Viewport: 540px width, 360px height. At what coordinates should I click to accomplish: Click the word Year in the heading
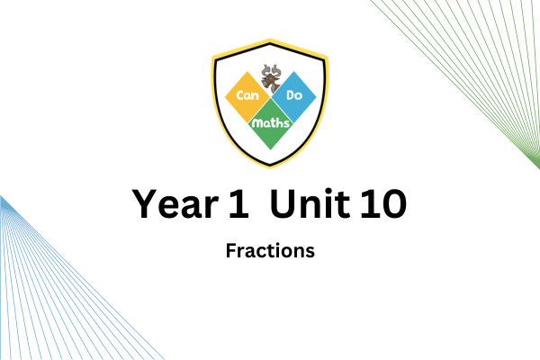coord(175,203)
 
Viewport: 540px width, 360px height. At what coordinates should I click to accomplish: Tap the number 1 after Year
coord(239,203)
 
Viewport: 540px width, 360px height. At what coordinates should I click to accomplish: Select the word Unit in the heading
coord(310,203)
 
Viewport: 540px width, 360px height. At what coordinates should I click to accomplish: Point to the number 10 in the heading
coord(383,203)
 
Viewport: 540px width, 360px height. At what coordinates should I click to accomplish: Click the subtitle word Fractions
coord(270,251)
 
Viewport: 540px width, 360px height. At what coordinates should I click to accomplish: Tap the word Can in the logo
coord(247,95)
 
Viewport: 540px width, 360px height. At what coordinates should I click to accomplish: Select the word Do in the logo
coord(294,95)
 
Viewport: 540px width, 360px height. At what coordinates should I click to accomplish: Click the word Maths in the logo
coord(271,123)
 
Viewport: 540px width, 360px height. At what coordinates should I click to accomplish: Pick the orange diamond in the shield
coord(247,97)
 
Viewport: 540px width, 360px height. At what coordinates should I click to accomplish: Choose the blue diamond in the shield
coord(293,97)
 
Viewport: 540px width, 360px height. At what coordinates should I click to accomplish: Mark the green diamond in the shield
coord(271,124)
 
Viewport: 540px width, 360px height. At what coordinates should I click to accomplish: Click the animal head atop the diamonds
coord(271,79)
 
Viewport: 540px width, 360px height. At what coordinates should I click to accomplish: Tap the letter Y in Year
coord(145,203)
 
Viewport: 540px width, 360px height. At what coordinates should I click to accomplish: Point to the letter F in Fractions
coord(231,251)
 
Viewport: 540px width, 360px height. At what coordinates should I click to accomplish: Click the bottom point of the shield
coord(270,167)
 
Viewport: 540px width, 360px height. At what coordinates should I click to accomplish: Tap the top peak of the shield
coord(270,40)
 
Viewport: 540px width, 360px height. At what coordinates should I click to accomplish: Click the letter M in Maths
coord(256,124)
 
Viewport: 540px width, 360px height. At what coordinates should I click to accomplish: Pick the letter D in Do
coord(291,95)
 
